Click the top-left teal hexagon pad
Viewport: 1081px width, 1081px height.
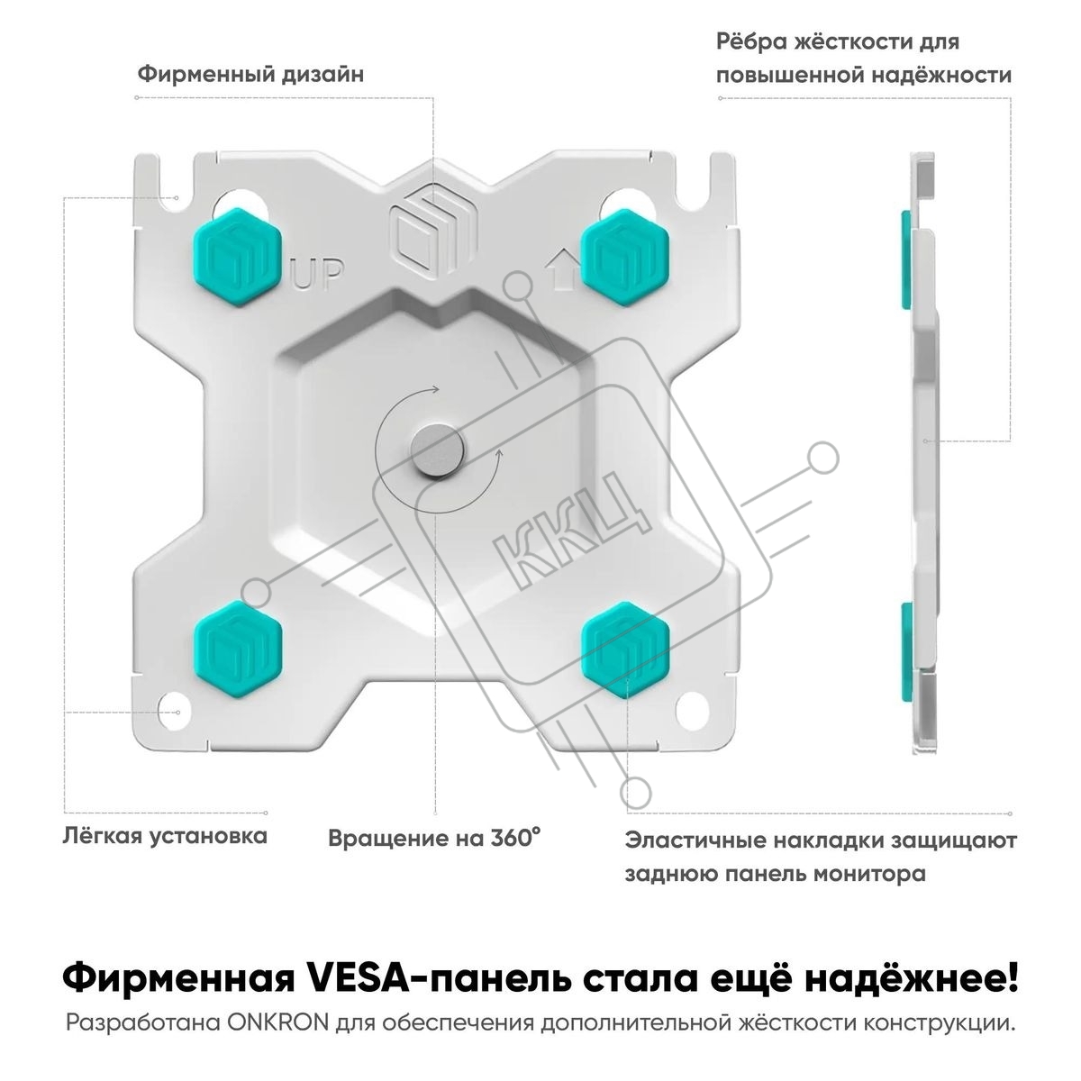[x=237, y=257]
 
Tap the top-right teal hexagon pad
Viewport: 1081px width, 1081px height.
[x=625, y=257]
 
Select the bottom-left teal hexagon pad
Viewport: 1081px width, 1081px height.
[x=237, y=650]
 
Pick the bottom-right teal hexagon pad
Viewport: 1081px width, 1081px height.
[x=625, y=650]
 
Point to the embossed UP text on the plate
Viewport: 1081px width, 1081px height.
[x=318, y=274]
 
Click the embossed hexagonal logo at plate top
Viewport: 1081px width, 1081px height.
[x=432, y=235]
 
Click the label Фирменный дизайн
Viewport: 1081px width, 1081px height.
[x=250, y=75]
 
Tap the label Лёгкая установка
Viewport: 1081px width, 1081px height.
[x=165, y=836]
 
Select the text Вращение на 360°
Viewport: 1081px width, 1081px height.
[x=435, y=838]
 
